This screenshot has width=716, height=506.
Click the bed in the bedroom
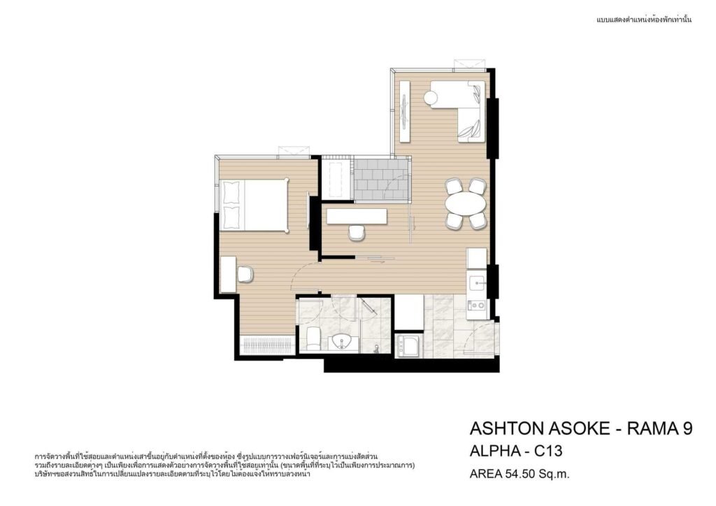[255, 205]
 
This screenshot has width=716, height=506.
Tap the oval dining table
[465, 203]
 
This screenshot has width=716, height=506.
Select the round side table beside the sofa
[431, 97]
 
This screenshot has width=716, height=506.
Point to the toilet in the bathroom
[313, 338]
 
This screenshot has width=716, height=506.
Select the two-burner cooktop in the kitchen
[478, 304]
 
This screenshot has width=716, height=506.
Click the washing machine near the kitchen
[408, 346]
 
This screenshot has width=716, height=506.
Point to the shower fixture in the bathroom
[376, 349]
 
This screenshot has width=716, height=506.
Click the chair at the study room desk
[356, 232]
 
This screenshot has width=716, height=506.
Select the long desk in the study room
[357, 216]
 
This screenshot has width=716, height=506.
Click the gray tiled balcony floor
[381, 180]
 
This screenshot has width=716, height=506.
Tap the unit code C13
[548, 451]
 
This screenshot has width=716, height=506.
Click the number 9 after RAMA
[687, 428]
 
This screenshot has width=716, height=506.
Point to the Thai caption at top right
[644, 20]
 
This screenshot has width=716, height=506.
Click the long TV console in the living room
[405, 111]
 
